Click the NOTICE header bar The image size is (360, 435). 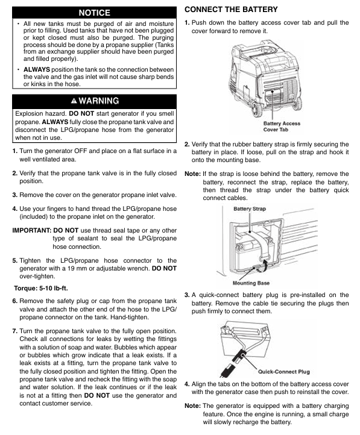click(x=94, y=13)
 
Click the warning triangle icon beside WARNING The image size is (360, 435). click(x=74, y=101)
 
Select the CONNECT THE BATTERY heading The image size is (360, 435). click(x=231, y=10)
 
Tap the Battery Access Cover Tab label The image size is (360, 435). click(x=282, y=127)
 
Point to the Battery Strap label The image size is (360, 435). click(x=250, y=208)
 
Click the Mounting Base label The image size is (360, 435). click(x=251, y=283)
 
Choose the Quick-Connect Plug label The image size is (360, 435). click(x=283, y=372)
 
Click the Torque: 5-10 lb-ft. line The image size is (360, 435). click(x=41, y=288)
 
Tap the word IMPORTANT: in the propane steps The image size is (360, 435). click(x=31, y=230)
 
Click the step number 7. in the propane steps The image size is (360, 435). click(x=15, y=331)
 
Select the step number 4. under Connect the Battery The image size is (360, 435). click(x=187, y=384)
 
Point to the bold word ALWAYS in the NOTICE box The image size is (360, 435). click(x=37, y=69)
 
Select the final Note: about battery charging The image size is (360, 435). click(x=192, y=406)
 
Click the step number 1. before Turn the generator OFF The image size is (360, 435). click(x=15, y=151)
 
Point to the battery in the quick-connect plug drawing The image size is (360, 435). click(x=244, y=342)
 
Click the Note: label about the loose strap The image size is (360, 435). click(x=192, y=174)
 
